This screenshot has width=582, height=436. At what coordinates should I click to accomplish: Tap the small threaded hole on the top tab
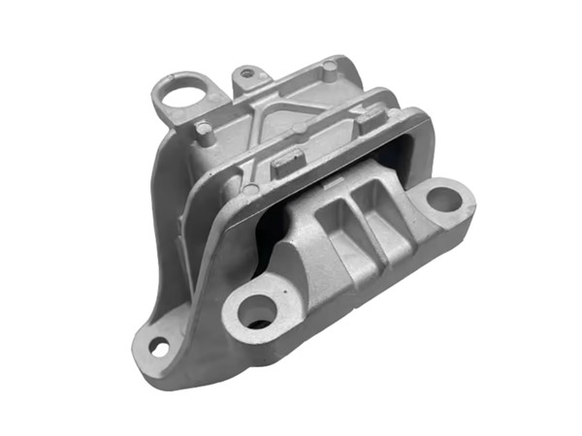click(x=248, y=73)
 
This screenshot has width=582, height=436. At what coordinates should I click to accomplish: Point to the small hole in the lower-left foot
click(x=159, y=347)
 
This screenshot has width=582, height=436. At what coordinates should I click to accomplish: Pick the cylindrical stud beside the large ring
click(x=206, y=132)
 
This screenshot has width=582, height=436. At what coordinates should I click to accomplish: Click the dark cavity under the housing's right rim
click(x=407, y=160)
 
